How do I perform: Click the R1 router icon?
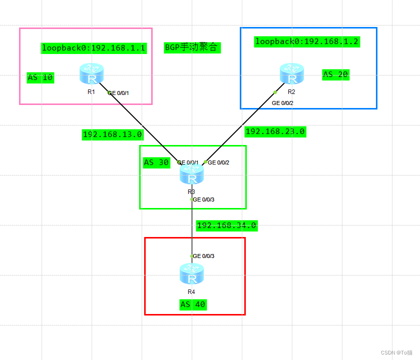[92, 74]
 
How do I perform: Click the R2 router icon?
[292, 74]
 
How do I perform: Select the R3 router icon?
[192, 174]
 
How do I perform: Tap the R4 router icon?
[192, 274]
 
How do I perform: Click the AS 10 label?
[41, 77]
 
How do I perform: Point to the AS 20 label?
[335, 75]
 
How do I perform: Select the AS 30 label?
[156, 162]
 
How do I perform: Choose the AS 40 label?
[193, 304]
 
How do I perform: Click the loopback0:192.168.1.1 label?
[94, 48]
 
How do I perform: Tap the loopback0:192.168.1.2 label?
[307, 41]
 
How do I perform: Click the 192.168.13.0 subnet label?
[113, 134]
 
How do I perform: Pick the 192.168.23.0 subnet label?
[275, 131]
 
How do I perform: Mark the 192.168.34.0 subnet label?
[226, 225]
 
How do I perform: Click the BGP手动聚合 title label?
[192, 47]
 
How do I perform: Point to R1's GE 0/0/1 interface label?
[122, 93]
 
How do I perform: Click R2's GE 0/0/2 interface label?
[282, 102]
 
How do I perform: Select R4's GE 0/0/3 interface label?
[204, 256]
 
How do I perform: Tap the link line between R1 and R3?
[143, 126]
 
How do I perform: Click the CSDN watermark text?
[395, 352]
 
